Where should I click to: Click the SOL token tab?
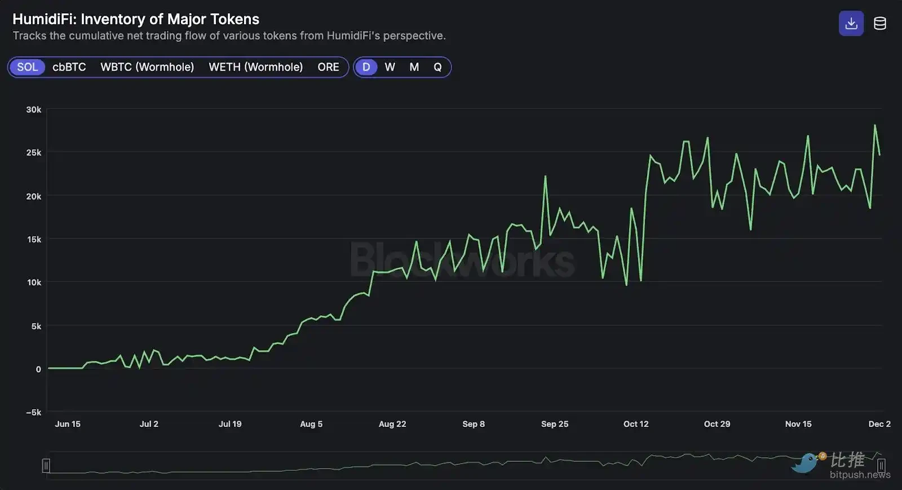click(x=27, y=67)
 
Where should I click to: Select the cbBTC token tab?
click(x=69, y=67)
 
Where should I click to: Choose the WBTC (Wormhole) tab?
click(x=147, y=67)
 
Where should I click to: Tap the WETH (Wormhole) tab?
click(x=255, y=67)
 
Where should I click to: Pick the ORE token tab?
click(x=328, y=67)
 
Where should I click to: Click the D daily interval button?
click(x=366, y=67)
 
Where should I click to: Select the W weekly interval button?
click(x=390, y=67)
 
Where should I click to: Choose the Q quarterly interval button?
click(x=437, y=67)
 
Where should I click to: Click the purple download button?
click(x=851, y=23)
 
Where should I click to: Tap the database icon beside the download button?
click(x=880, y=23)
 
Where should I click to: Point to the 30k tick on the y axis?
click(x=33, y=109)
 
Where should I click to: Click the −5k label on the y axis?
click(x=33, y=412)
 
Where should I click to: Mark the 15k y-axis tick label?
click(x=34, y=239)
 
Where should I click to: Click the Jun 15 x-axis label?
click(x=68, y=424)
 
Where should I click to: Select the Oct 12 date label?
click(x=636, y=424)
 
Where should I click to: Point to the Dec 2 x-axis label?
click(x=879, y=424)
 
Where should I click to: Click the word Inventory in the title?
click(x=113, y=19)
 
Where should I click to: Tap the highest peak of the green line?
click(x=875, y=125)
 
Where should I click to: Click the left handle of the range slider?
click(x=46, y=466)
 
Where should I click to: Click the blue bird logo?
click(x=805, y=463)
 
